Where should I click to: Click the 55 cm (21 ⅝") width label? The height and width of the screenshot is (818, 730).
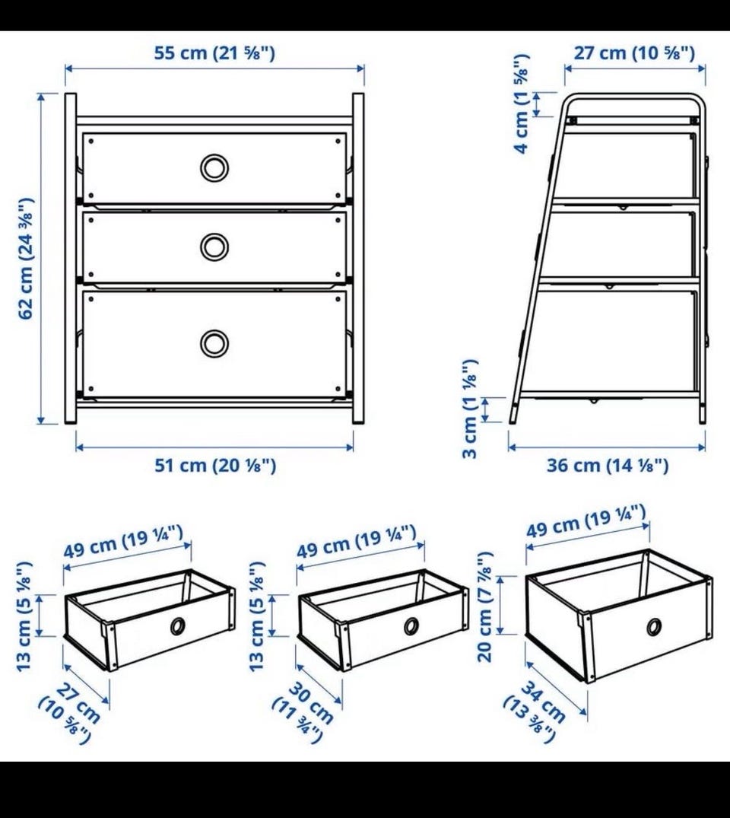214,53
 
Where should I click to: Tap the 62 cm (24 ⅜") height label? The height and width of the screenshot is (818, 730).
26,258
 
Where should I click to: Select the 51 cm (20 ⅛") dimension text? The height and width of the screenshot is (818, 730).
215,465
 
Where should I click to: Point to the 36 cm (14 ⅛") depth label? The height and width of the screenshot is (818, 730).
608,465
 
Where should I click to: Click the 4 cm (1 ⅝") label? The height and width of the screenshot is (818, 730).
522,103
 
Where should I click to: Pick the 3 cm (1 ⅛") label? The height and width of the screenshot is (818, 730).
470,409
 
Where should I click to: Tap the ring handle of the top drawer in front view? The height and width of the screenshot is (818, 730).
214,168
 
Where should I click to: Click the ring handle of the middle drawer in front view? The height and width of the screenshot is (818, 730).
214,247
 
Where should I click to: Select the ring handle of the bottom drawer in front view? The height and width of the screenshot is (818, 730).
214,343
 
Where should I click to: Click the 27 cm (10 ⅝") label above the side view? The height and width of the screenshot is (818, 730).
635,53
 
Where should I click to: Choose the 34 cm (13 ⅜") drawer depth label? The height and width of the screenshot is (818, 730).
535,711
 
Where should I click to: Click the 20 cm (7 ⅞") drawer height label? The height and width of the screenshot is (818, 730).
485,606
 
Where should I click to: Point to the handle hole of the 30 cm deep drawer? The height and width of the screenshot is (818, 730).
411,626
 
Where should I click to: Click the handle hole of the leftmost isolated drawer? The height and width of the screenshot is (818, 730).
178,626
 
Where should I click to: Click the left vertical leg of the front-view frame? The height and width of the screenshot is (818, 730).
71,258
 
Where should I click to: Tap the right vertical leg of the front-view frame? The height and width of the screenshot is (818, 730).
358,258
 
